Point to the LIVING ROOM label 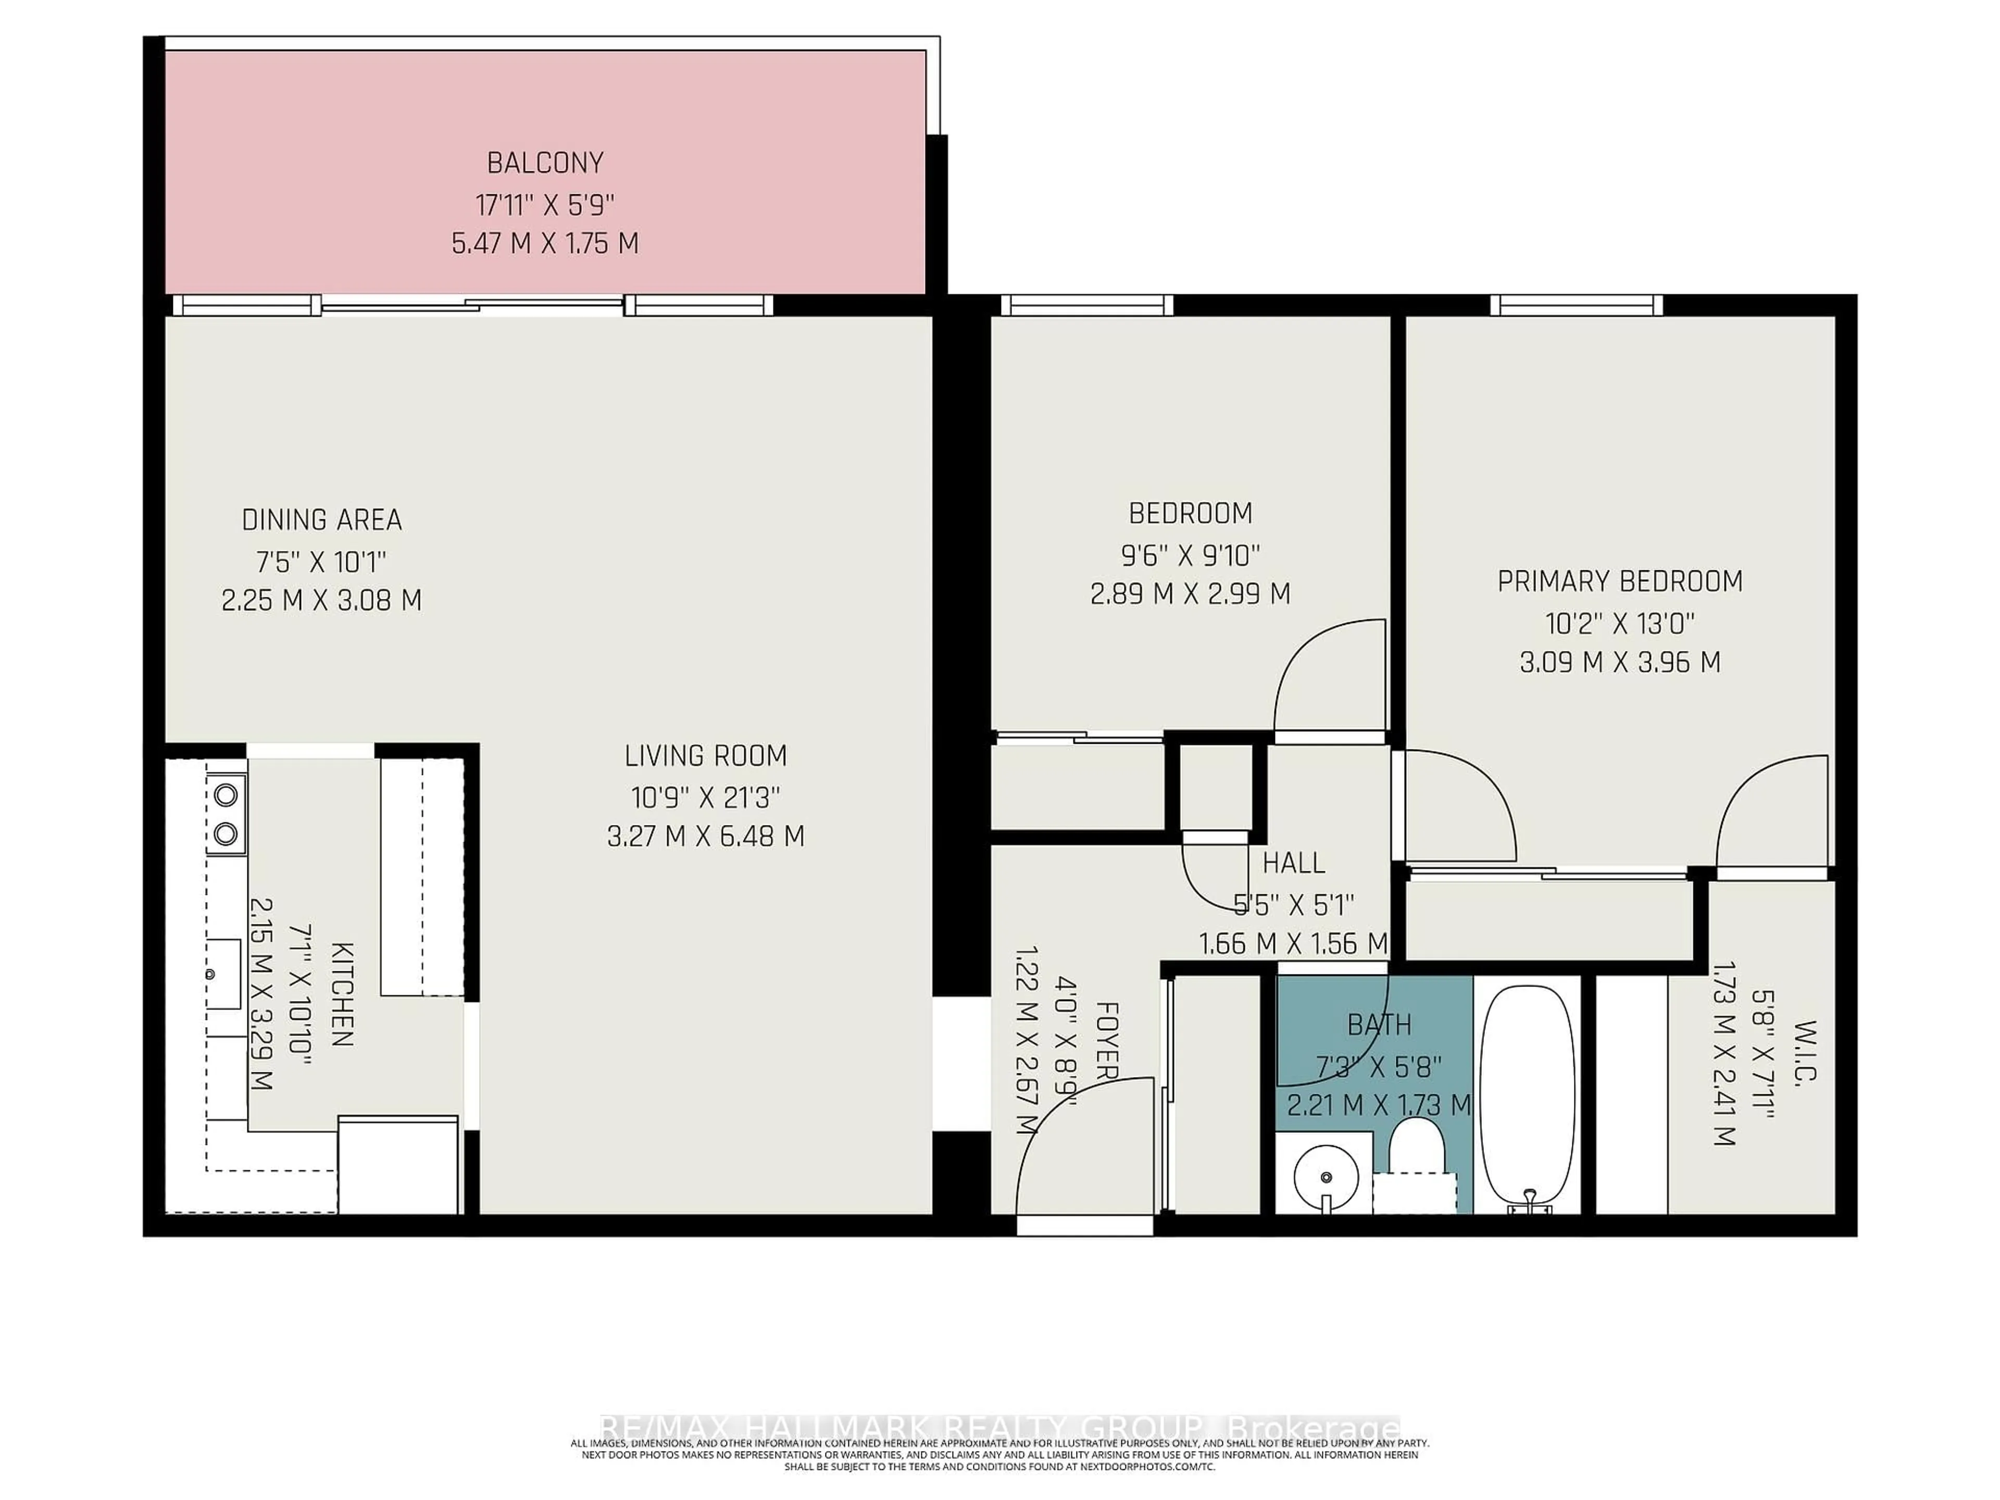pyautogui.click(x=705, y=755)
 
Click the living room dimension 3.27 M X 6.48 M pyautogui.click(x=705, y=835)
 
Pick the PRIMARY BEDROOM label pyautogui.click(x=1619, y=581)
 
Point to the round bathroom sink pyautogui.click(x=1326, y=1177)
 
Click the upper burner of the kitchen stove pyautogui.click(x=225, y=795)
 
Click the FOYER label pyautogui.click(x=1107, y=1040)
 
